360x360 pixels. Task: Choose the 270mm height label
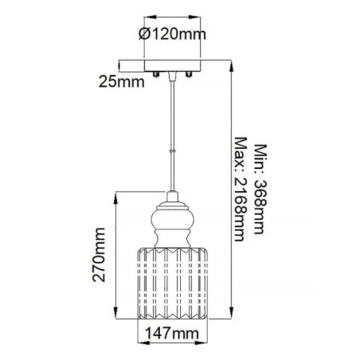coord(100,253)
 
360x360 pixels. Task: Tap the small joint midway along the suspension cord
coord(171,149)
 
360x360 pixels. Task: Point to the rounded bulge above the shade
coord(171,219)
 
